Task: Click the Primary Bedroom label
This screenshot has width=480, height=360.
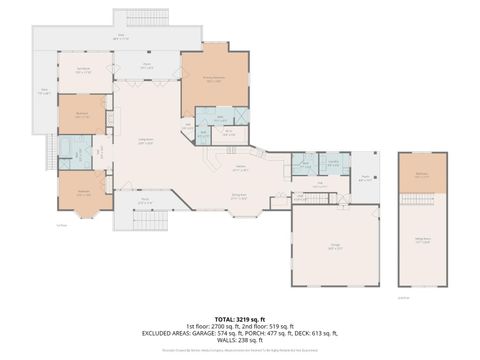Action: click(213, 81)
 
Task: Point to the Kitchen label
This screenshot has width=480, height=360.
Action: click(241, 167)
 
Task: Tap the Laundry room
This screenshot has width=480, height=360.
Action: click(334, 162)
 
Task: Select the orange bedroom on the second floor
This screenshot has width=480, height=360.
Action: click(422, 177)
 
